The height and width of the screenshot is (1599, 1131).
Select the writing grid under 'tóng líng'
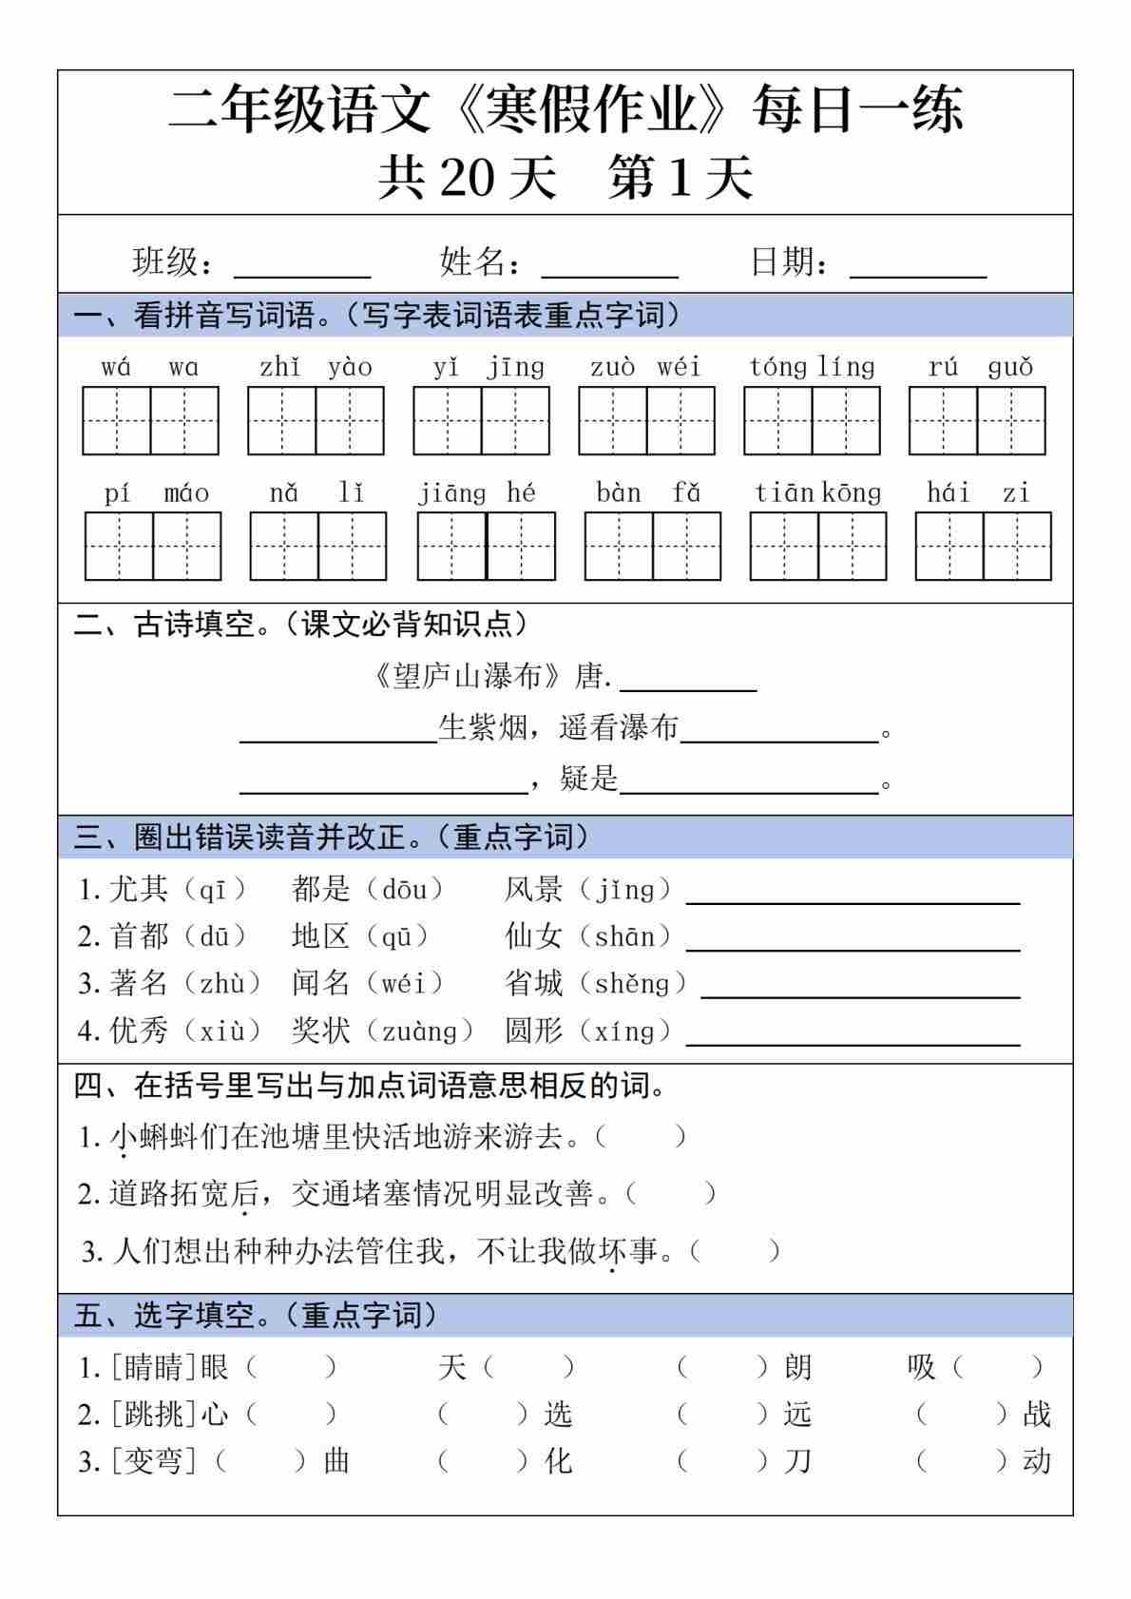click(812, 420)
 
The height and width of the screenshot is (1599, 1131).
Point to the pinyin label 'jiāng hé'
click(477, 492)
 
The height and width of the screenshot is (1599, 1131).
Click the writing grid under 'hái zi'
click(983, 546)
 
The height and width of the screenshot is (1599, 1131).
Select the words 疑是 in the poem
click(589, 778)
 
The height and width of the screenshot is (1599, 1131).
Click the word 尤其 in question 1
click(139, 889)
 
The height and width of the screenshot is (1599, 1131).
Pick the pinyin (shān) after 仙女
click(624, 936)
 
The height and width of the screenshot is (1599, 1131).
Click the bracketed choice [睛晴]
click(153, 1367)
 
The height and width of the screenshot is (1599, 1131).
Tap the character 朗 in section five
click(798, 1367)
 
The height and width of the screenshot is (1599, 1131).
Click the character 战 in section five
click(1037, 1414)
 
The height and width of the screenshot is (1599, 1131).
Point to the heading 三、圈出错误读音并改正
click(332, 837)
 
